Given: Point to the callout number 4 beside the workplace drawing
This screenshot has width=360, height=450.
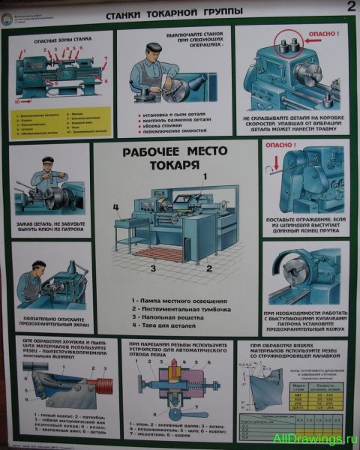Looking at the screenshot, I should [x=115, y=207].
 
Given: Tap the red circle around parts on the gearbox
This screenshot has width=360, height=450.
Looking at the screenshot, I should [x=286, y=45].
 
